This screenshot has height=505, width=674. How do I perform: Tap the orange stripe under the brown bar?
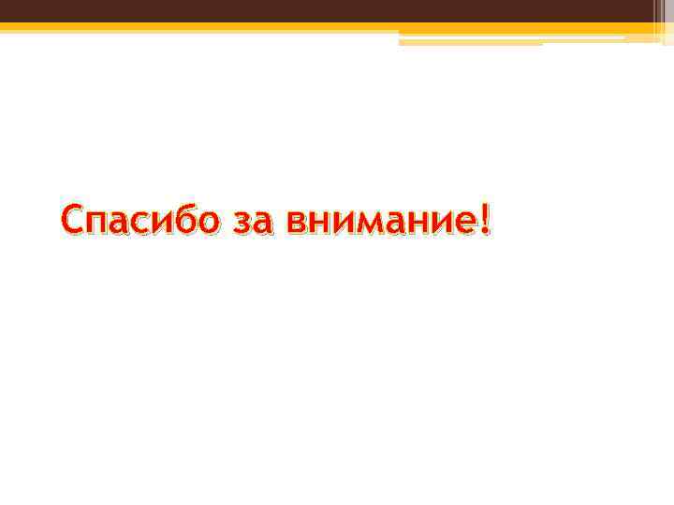[281, 27]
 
